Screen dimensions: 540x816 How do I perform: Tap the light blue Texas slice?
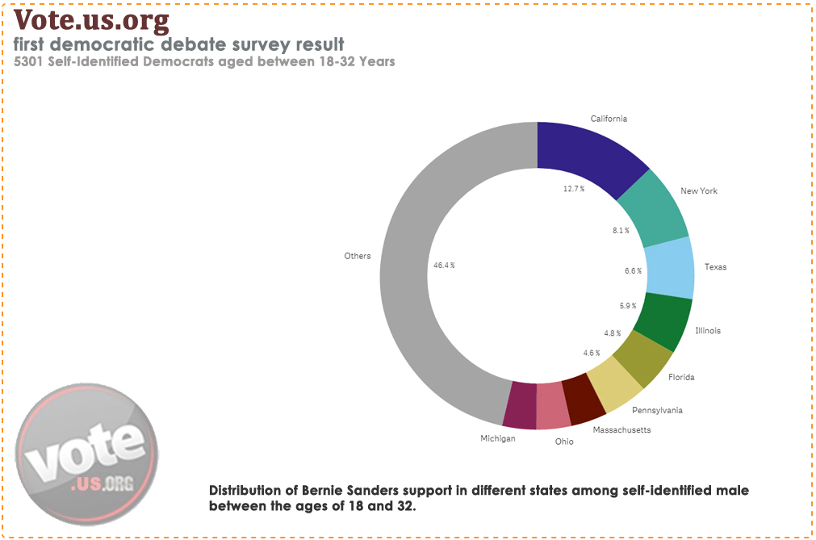(x=670, y=267)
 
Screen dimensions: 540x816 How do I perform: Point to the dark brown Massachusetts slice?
(x=583, y=400)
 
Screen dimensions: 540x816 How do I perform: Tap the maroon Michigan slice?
(x=521, y=404)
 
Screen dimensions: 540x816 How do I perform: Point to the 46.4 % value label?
(x=445, y=265)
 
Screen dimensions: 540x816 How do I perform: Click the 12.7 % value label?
(x=574, y=188)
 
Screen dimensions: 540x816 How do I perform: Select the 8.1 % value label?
(x=621, y=231)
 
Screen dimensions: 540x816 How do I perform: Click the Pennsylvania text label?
(x=657, y=410)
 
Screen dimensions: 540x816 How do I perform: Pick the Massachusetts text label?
(x=621, y=429)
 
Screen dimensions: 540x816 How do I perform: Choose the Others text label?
(x=358, y=256)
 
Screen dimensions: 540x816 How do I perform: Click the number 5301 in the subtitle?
(x=30, y=61)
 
